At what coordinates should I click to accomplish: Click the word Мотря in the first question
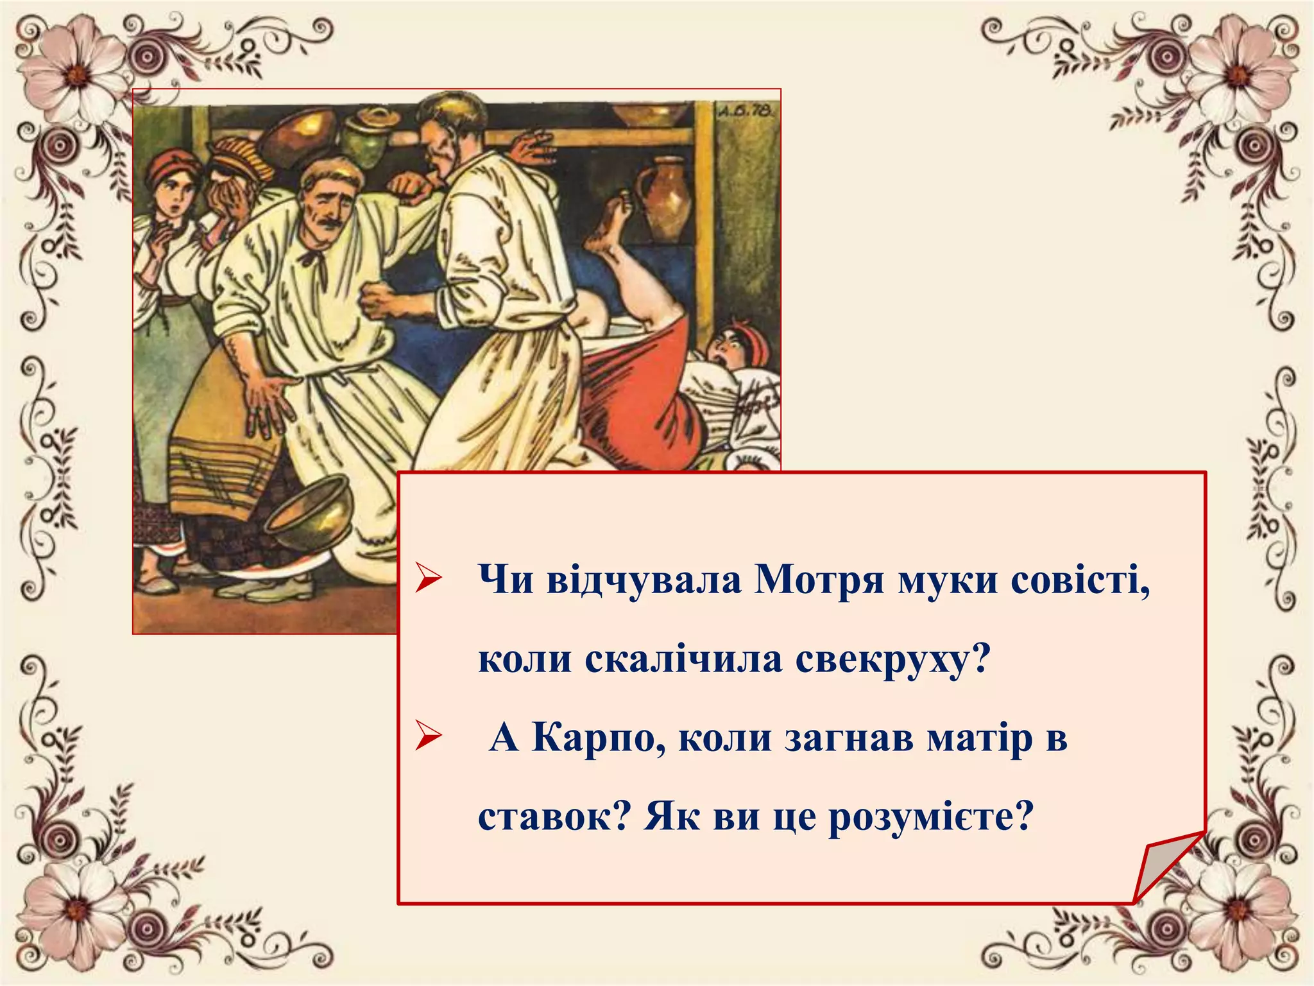pos(821,580)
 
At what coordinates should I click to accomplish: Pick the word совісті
pos(1080,580)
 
